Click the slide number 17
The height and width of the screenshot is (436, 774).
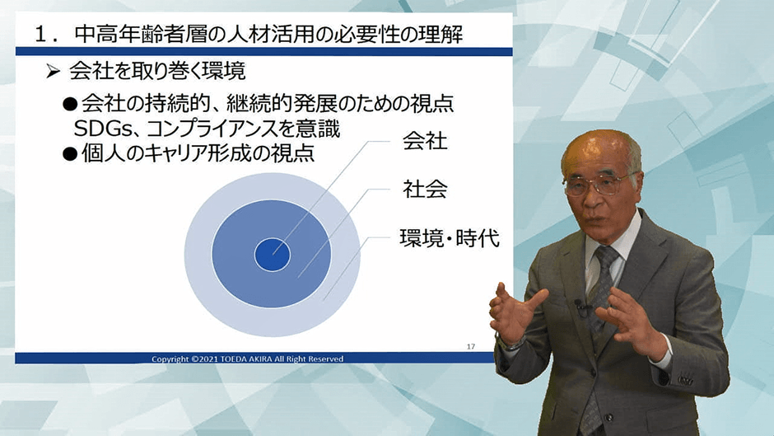(x=471, y=346)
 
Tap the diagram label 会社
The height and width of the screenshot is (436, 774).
(x=425, y=141)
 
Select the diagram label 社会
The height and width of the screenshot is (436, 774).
(x=425, y=189)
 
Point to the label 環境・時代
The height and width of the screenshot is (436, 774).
(x=450, y=237)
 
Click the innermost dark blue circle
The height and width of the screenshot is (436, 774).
(x=272, y=254)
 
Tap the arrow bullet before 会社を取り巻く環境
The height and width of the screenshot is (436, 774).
(x=53, y=72)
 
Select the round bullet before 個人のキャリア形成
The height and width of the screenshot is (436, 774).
(x=70, y=155)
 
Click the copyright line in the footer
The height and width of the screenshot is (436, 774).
(x=247, y=359)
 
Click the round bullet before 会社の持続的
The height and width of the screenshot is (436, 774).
(x=70, y=104)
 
